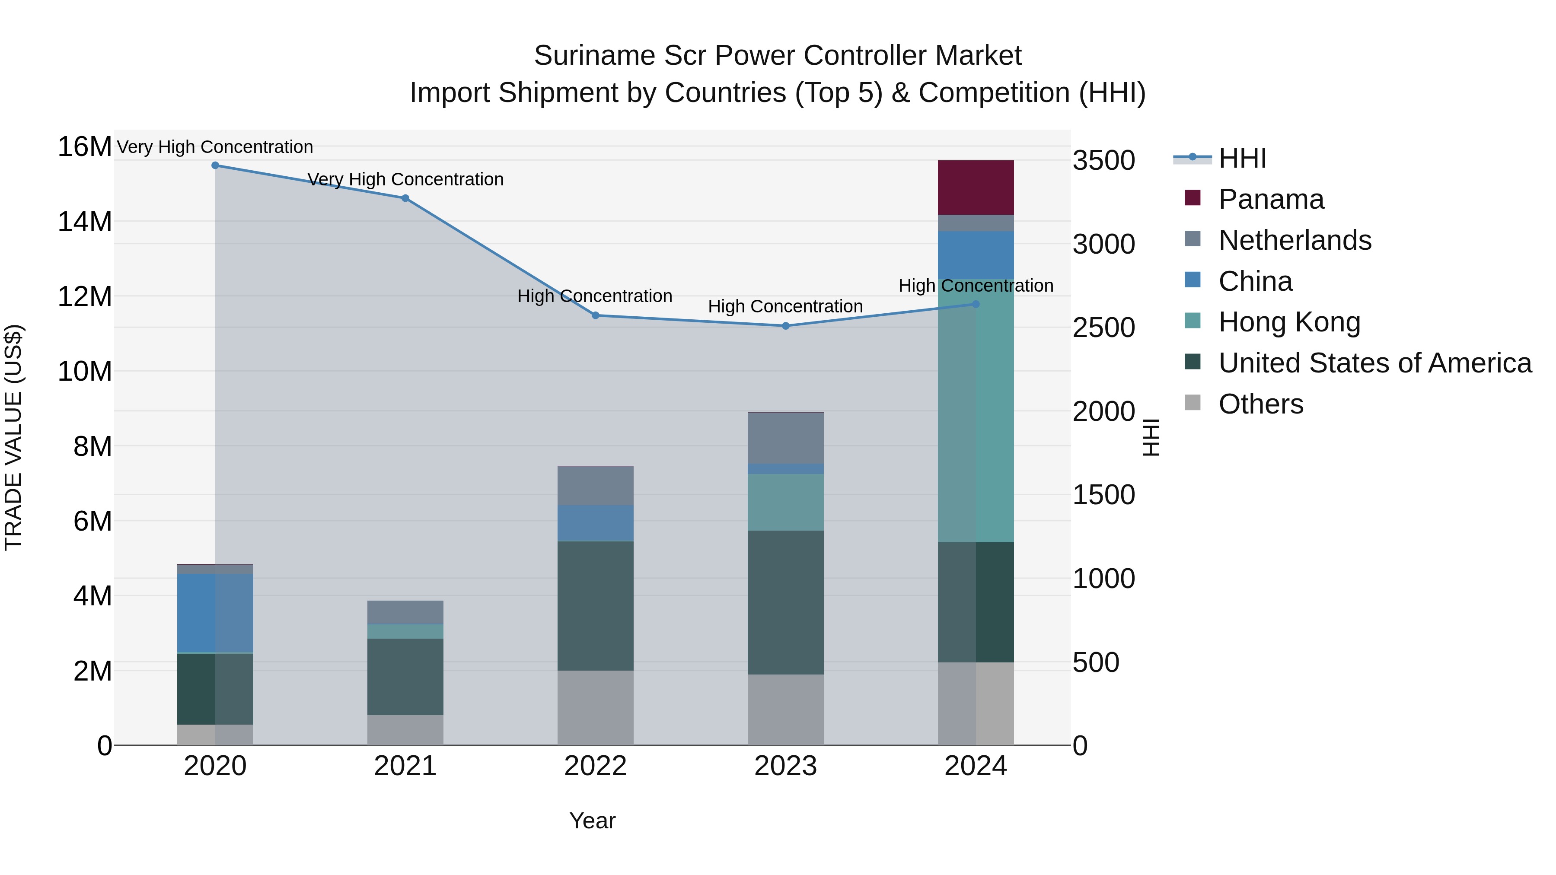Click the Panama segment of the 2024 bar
(975, 187)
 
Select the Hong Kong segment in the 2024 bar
(975, 410)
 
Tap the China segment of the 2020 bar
(215, 612)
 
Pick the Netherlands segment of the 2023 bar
(785, 438)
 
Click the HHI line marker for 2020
(215, 165)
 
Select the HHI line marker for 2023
(785, 325)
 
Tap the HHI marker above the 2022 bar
(595, 315)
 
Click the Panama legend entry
(1271, 199)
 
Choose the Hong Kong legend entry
(1289, 322)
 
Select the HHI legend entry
(1242, 158)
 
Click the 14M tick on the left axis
(85, 222)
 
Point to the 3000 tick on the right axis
(1103, 244)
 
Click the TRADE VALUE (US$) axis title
(13, 437)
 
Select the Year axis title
(592, 821)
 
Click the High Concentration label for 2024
(975, 285)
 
